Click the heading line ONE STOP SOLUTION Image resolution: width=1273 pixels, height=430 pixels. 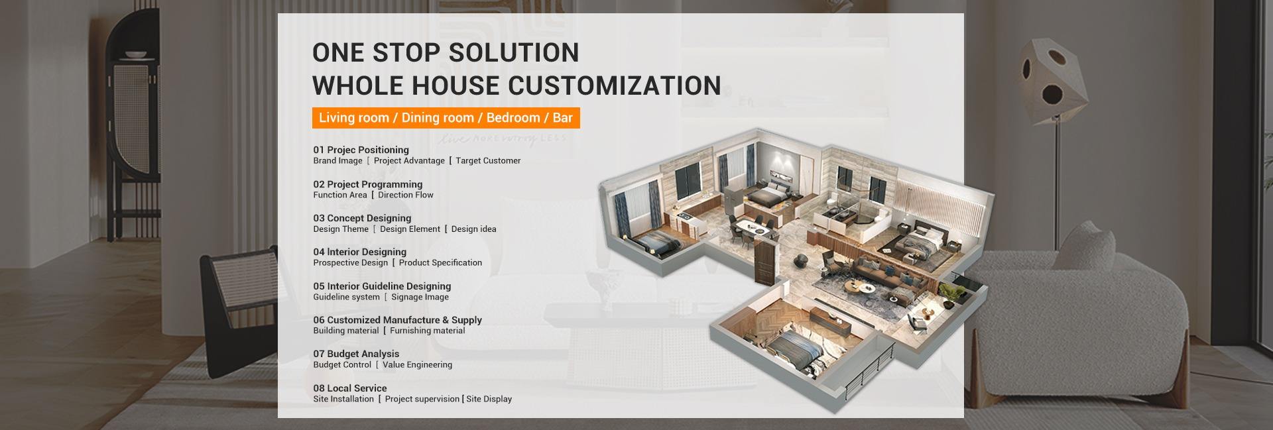coord(446,52)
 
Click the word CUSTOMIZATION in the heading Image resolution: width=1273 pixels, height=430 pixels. coord(615,85)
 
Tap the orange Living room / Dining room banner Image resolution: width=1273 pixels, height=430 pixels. coord(446,118)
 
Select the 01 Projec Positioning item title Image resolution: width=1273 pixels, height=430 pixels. coord(361,150)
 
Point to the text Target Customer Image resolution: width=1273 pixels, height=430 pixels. coord(488,160)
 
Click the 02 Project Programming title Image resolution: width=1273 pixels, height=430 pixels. coord(368,184)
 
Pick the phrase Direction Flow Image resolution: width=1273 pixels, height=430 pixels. coord(406,195)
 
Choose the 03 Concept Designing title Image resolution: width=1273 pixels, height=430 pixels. coord(362,218)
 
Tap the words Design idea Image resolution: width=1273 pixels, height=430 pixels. coord(473,229)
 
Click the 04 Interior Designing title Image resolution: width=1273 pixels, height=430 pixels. coord(360,252)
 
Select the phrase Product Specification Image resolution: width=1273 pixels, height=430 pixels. coord(440,263)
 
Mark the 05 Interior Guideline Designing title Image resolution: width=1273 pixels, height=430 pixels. coord(382,286)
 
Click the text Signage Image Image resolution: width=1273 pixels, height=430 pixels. coord(420,297)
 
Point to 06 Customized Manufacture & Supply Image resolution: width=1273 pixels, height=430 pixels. coord(398,320)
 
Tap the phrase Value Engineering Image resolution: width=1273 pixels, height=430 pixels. coord(417,365)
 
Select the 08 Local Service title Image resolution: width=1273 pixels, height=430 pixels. coord(350,388)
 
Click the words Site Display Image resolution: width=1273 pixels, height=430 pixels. coord(489,399)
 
